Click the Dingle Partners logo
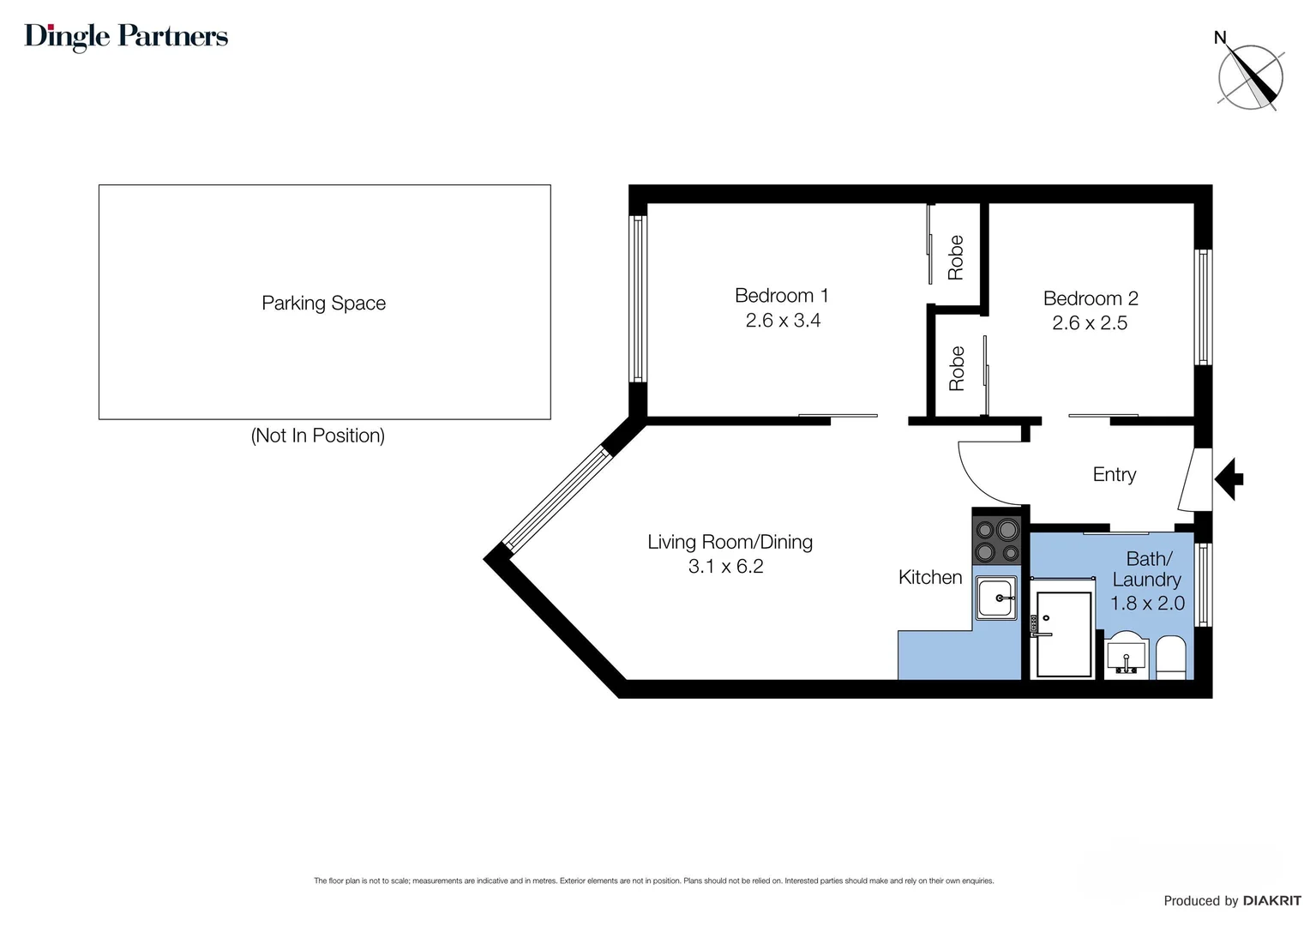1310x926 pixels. [x=126, y=37]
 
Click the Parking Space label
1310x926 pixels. [x=323, y=303]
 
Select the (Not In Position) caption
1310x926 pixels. [x=317, y=436]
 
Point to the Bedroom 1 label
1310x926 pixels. [x=781, y=296]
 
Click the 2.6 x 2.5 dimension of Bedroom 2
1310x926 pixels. [x=1090, y=323]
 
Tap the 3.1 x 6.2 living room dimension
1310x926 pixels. [x=726, y=566]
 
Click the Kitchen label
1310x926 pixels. [x=930, y=577]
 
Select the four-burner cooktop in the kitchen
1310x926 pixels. [x=996, y=540]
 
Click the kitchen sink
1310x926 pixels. [x=996, y=598]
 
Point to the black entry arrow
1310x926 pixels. [x=1229, y=479]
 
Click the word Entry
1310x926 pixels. [x=1114, y=474]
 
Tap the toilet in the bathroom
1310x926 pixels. [x=1171, y=658]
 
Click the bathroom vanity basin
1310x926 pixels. [x=1127, y=656]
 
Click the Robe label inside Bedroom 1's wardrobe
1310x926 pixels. [x=955, y=257]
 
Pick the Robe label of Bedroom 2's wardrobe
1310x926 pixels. [x=956, y=369]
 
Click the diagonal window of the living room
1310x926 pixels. [x=556, y=498]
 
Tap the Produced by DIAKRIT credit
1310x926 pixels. [x=1232, y=901]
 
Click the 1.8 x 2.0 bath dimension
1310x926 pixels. [x=1147, y=603]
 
